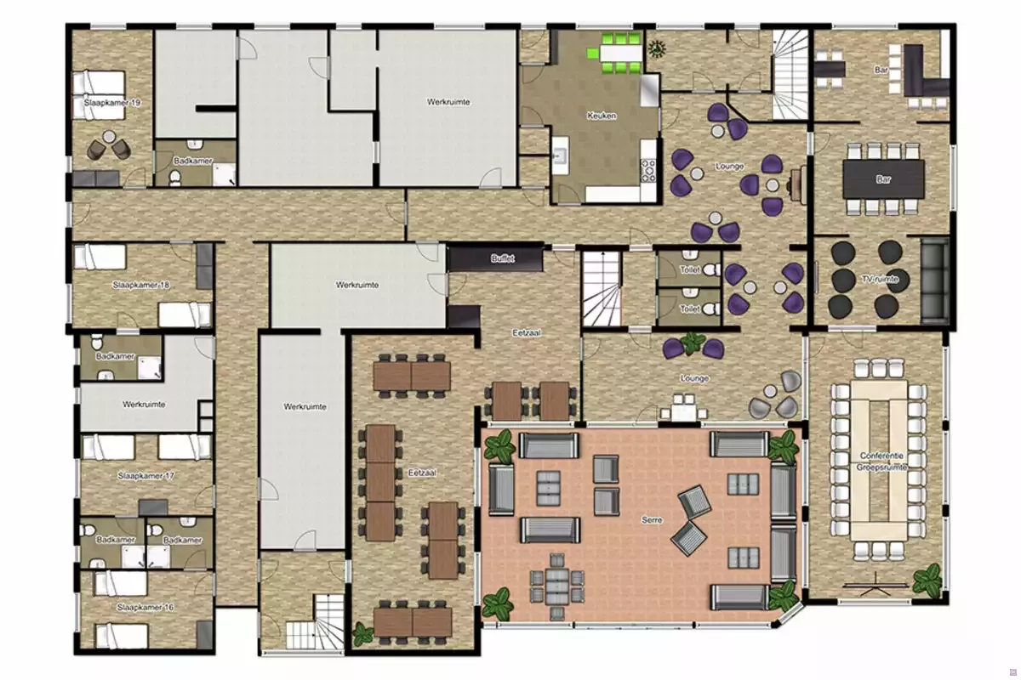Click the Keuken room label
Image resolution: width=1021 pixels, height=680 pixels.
(x=602, y=116)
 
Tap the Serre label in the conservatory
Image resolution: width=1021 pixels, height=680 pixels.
(x=652, y=519)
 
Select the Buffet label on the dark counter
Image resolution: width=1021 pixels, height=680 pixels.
(x=502, y=258)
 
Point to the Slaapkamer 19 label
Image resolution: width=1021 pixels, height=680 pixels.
(x=111, y=103)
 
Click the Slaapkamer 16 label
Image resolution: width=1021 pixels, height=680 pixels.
(x=145, y=607)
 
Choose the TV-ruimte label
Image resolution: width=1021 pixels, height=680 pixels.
(x=880, y=279)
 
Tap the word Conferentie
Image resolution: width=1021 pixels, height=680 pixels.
(x=881, y=456)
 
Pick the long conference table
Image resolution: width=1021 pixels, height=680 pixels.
(x=879, y=461)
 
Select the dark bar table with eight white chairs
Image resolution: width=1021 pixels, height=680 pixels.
(x=883, y=179)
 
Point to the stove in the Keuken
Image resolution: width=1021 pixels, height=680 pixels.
(x=648, y=171)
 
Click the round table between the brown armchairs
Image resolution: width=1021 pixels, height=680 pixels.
(x=109, y=136)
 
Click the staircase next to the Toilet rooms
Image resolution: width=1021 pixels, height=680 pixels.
(x=602, y=289)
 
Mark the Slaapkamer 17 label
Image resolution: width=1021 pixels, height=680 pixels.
(x=145, y=476)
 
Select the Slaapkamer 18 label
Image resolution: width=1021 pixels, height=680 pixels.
(x=141, y=285)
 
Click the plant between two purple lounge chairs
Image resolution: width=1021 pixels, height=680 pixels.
(x=692, y=343)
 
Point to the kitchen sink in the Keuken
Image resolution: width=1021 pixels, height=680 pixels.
(x=560, y=156)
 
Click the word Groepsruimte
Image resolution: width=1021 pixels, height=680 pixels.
(x=881, y=467)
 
